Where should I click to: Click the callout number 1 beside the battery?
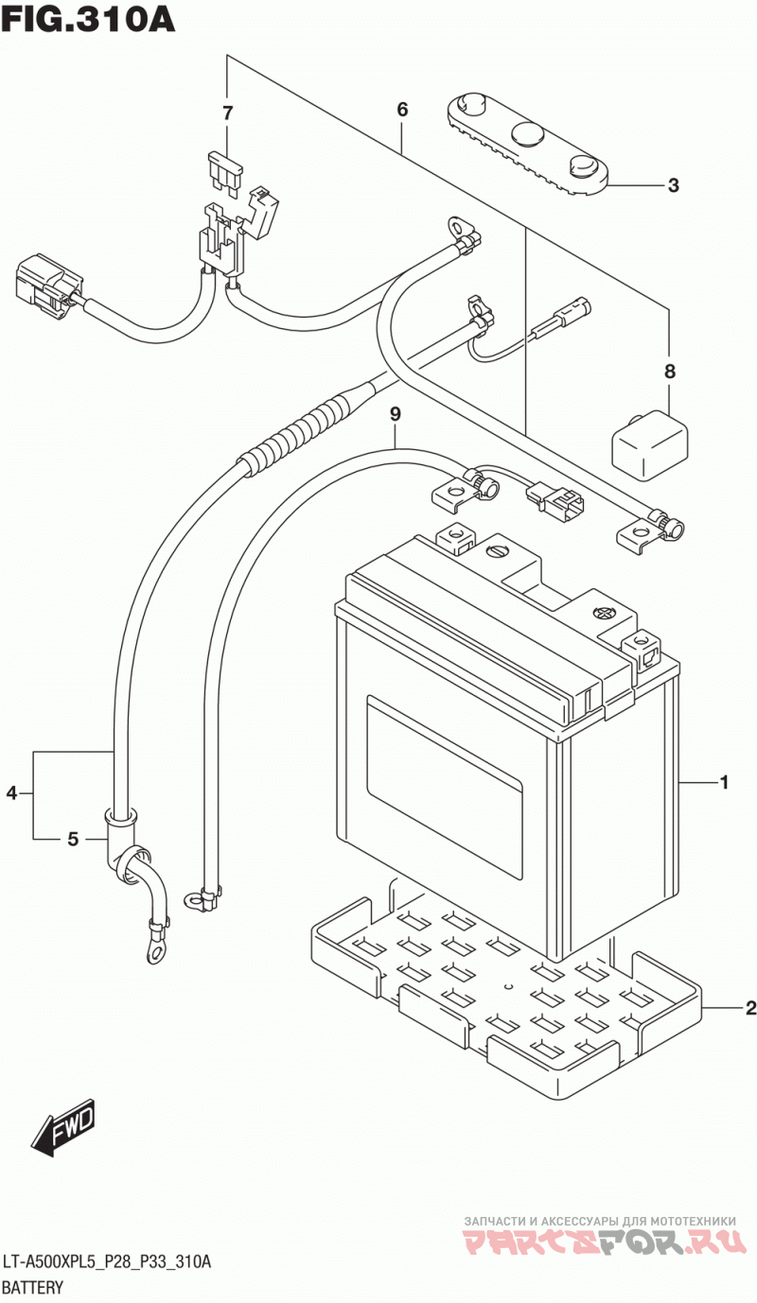725,782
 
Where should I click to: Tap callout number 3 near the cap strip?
673,185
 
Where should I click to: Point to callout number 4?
12,792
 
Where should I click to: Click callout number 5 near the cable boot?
73,840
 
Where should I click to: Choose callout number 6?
402,110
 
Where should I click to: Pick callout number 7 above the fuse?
228,113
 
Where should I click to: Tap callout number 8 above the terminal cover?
670,371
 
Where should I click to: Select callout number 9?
396,414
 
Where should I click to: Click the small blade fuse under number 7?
224,170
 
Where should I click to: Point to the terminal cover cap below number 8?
649,445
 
